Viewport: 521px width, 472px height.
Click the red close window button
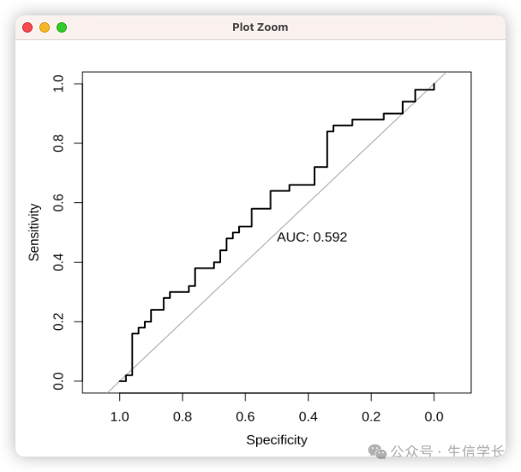tap(27, 27)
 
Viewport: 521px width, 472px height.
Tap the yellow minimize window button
tap(45, 27)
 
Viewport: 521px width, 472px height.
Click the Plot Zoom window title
tap(260, 27)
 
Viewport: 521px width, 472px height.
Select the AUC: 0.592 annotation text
tap(312, 237)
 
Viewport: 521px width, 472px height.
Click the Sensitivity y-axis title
tap(34, 231)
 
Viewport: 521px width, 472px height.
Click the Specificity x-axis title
tap(277, 440)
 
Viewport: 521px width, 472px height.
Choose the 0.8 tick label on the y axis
tap(58, 143)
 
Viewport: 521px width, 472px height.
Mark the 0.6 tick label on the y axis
tap(58, 203)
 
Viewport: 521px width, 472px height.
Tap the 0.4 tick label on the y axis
tap(58, 262)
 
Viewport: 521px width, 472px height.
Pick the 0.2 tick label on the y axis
tap(58, 321)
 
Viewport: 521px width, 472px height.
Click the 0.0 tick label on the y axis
tap(58, 380)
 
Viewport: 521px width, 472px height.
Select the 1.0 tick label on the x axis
tap(120, 416)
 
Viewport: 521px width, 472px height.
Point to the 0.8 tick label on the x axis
tap(183, 416)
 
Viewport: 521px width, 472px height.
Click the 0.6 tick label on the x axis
tap(246, 416)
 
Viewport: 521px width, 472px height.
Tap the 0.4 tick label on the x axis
tap(308, 416)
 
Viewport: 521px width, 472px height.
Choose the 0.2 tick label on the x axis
tap(371, 416)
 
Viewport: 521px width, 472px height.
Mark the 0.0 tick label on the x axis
tap(434, 416)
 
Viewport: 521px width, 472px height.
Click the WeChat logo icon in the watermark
tap(377, 451)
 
